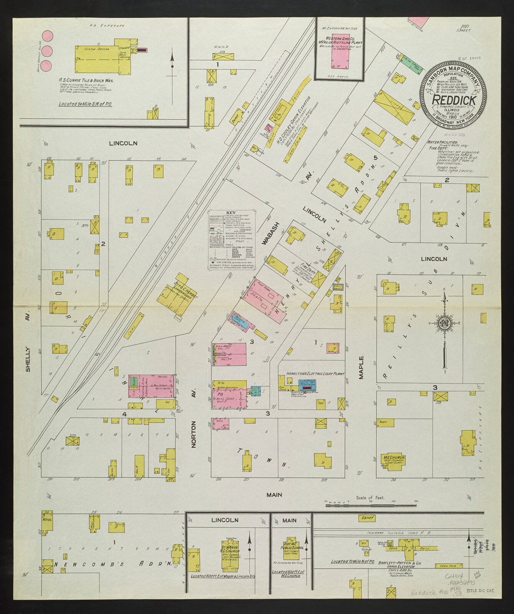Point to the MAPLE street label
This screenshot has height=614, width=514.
(361, 368)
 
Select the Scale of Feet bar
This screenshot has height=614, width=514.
(371, 506)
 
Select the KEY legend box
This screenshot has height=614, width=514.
(231, 240)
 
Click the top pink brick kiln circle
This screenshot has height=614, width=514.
(47, 36)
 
